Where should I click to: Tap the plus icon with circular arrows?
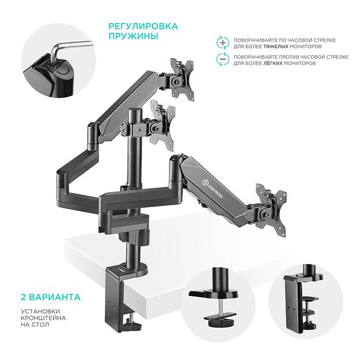point(223,42)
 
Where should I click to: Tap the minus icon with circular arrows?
point(223,59)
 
